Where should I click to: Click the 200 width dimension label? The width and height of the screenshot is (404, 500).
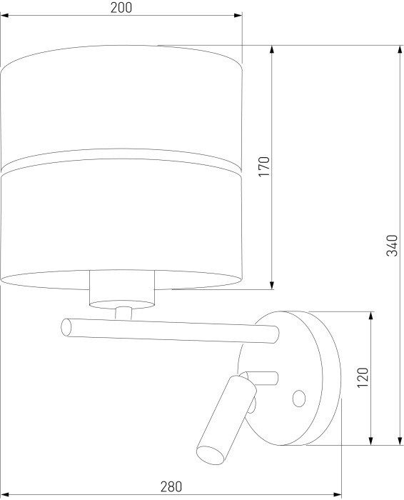[x=122, y=8]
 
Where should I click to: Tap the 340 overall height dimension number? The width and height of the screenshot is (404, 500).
[x=390, y=244]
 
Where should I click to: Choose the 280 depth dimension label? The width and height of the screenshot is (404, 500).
[x=171, y=487]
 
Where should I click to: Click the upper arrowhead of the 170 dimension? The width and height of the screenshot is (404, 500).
[x=273, y=49]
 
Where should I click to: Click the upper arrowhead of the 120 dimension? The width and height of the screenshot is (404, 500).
[x=371, y=315]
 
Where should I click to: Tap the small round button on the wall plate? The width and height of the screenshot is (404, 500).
[x=299, y=397]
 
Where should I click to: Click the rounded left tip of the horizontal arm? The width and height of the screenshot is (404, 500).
[x=66, y=326]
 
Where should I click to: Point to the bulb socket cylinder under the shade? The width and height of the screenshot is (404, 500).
[x=122, y=289]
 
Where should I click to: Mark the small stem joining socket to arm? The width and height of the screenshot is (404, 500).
[x=123, y=312]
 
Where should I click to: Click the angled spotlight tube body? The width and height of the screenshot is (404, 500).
[x=225, y=414]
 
